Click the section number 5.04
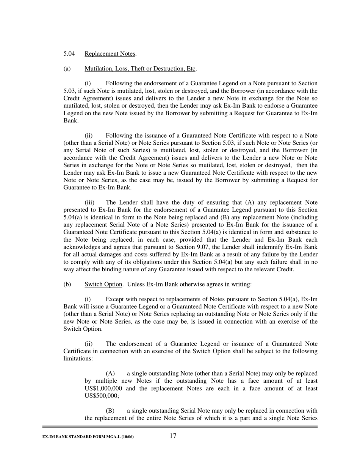pos(69,54)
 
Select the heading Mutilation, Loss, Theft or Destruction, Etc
pos(140,69)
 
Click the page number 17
pos(173,436)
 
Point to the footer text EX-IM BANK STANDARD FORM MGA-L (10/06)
pos(88,437)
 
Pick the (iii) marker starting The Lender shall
pos(89,203)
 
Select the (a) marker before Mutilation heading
pos(67,69)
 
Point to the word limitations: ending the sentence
pos(75,358)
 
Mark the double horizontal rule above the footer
pos(180,427)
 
